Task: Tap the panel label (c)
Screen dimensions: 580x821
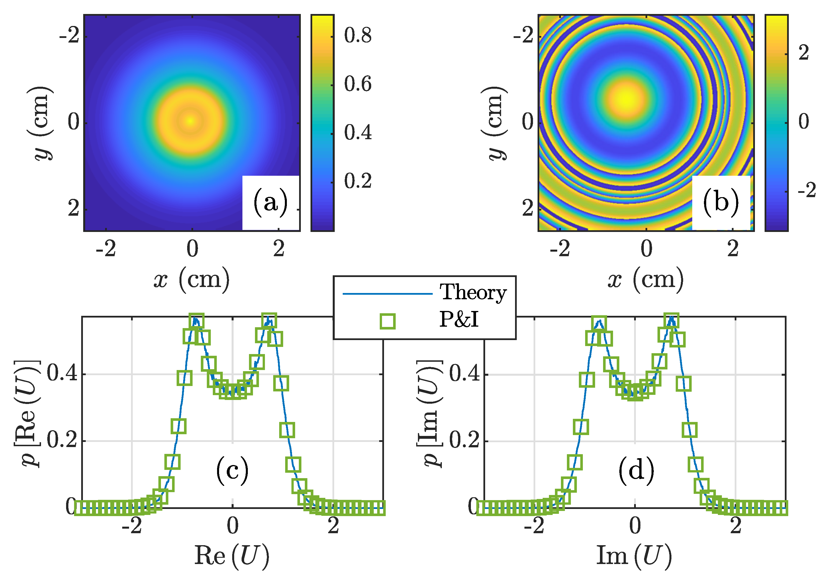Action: click(232, 470)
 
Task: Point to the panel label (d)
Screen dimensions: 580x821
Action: click(636, 470)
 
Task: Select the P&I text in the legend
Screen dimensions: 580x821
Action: click(459, 319)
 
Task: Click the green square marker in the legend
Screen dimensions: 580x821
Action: click(388, 321)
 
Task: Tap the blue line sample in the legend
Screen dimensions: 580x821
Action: click(388, 294)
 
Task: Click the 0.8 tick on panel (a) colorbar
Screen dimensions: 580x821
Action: click(358, 35)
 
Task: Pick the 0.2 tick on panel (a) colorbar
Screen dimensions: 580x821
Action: click(358, 181)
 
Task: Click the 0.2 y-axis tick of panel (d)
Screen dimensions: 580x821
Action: click(464, 440)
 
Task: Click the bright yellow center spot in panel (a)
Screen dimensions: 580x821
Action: click(191, 121)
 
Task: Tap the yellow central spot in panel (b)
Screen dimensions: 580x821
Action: click(627, 98)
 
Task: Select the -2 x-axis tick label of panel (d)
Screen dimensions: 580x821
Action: click(534, 526)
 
